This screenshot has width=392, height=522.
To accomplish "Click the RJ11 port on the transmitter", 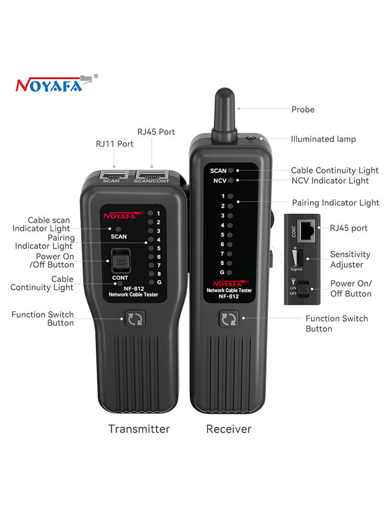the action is pos(113,175).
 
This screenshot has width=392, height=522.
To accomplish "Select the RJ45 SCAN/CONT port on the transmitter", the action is pos(152,175).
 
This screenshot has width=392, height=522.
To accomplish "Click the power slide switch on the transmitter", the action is pos(121,260).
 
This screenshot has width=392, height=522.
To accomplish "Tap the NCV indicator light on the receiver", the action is pos(230,181).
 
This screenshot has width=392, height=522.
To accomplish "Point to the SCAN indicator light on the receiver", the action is pos(230,171).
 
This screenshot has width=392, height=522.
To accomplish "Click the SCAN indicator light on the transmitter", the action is pos(118,229).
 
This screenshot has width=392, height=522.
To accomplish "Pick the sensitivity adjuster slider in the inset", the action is pos(301,258).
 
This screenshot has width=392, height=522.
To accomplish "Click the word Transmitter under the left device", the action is pos(139,429).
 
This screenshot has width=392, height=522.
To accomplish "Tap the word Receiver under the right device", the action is pos(229,429).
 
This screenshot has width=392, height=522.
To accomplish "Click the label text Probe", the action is pos(303,110).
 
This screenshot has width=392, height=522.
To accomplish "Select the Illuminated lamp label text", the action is pos(324,139).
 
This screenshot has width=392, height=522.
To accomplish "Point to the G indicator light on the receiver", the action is pos(229,272).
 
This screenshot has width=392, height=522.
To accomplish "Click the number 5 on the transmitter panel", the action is pos(159,248).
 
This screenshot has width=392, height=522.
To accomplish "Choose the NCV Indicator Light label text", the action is pos(330,181).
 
